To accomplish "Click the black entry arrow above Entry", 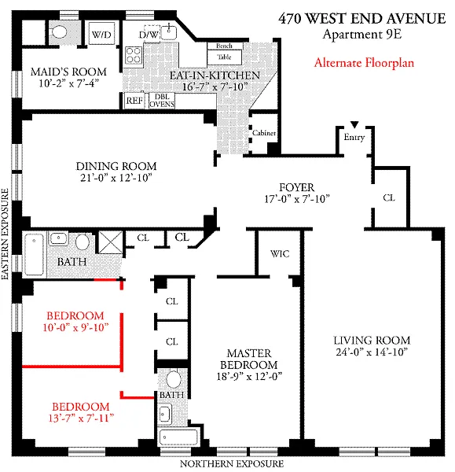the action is pyautogui.click(x=354, y=124).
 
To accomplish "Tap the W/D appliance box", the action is pyautogui.click(x=101, y=33).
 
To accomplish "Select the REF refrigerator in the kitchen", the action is pyautogui.click(x=134, y=101).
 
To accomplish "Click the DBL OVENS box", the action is pyautogui.click(x=162, y=101).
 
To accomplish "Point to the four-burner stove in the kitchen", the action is pyautogui.click(x=134, y=55).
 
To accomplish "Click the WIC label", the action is pyautogui.click(x=280, y=254).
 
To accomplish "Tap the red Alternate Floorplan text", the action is pyautogui.click(x=364, y=63).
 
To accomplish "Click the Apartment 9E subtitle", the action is pyautogui.click(x=362, y=35).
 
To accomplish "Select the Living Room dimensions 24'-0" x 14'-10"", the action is pyautogui.click(x=372, y=352).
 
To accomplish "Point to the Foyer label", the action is pyautogui.click(x=297, y=187).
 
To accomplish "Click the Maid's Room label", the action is pyautogui.click(x=68, y=72).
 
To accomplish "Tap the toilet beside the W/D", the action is pyautogui.click(x=59, y=31).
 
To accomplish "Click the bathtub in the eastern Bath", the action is pyautogui.click(x=34, y=254).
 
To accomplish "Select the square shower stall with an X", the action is pyautogui.click(x=110, y=242).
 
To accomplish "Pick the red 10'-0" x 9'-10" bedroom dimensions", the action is pyautogui.click(x=75, y=327).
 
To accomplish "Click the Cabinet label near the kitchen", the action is pyautogui.click(x=264, y=133).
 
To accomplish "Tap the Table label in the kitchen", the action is pyautogui.click(x=224, y=57).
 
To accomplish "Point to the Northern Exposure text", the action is pyautogui.click(x=232, y=464).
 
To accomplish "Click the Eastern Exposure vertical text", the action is pyautogui.click(x=6, y=234).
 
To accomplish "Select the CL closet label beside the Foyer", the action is pyautogui.click(x=389, y=197).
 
